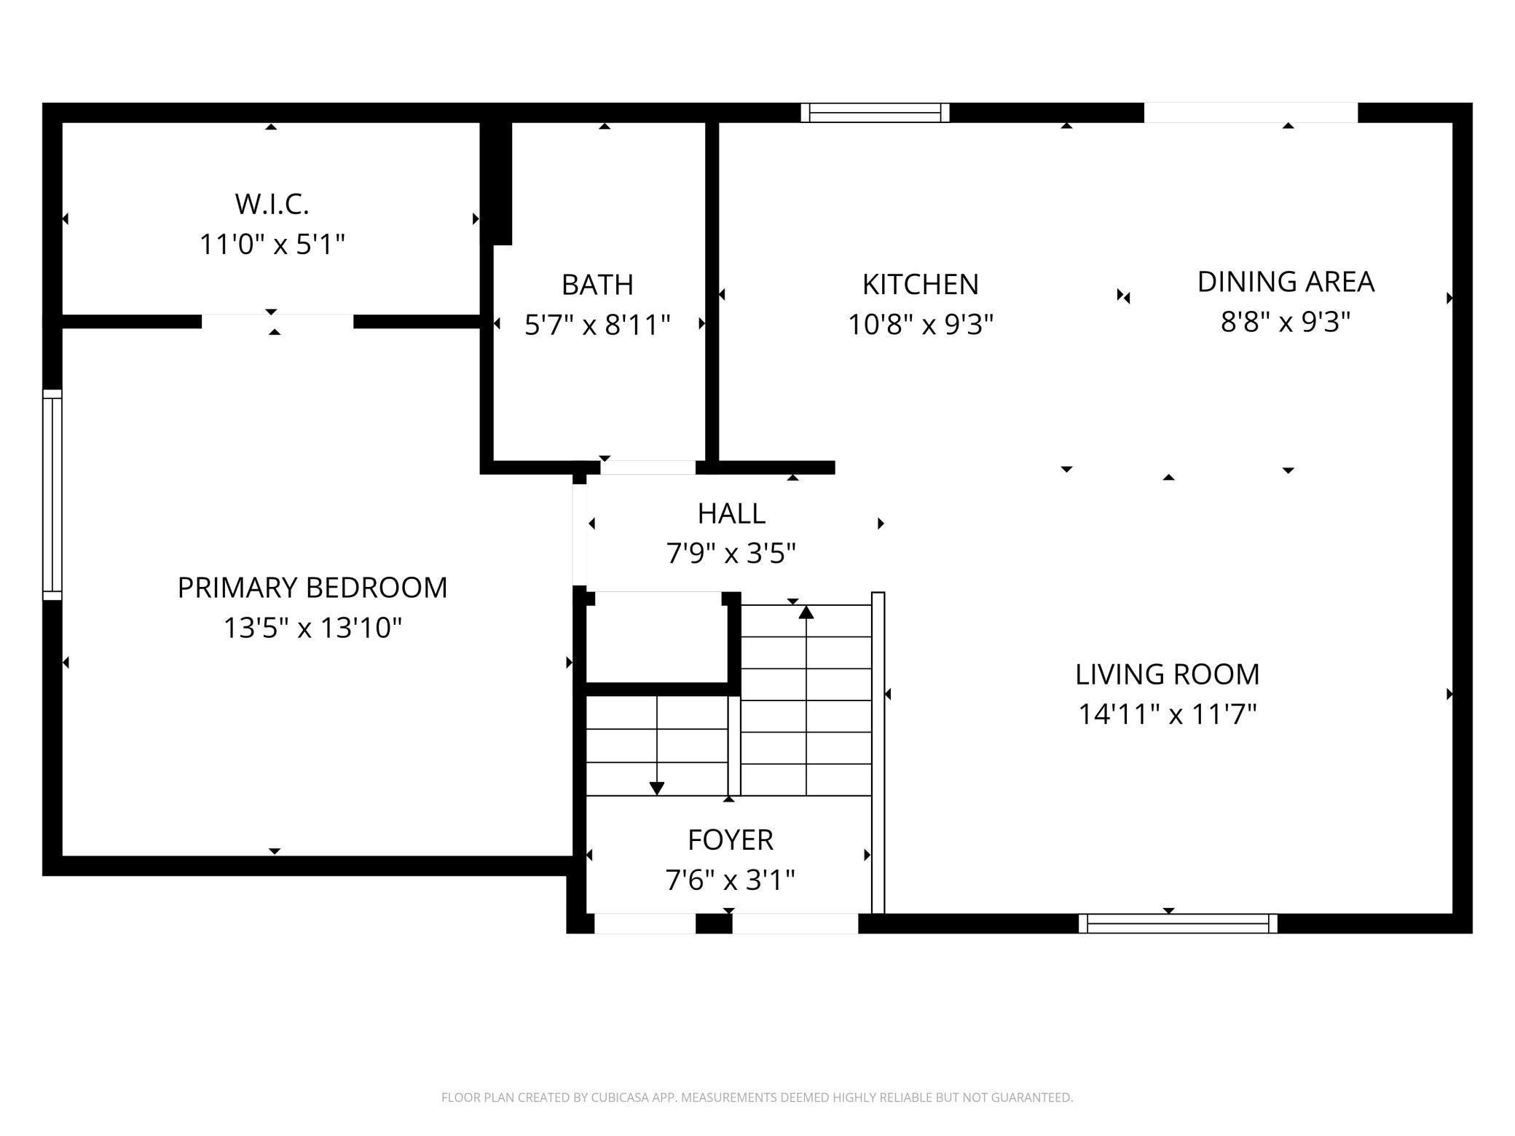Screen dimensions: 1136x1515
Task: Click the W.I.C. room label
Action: [x=272, y=205]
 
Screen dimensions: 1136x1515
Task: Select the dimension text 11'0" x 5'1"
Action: [x=272, y=244]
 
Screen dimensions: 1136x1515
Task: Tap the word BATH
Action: [x=597, y=285]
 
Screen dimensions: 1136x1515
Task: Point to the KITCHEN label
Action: [x=920, y=285]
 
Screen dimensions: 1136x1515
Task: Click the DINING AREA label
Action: [x=1286, y=282]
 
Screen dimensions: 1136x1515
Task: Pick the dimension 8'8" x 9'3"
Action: [x=1286, y=321]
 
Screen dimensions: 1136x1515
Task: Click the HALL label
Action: [x=731, y=514]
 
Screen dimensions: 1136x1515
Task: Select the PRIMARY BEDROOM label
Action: [x=312, y=588]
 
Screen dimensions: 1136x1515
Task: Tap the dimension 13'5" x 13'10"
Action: [x=312, y=627]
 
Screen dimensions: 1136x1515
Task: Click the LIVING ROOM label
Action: [x=1167, y=674]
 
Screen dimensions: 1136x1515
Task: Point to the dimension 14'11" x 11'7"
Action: [x=1167, y=714]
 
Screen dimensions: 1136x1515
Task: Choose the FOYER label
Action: [x=730, y=840]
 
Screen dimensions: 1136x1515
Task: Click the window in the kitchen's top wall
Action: [x=875, y=113]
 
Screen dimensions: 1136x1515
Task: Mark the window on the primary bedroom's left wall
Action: [x=52, y=494]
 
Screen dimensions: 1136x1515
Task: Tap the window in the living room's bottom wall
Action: [x=1178, y=923]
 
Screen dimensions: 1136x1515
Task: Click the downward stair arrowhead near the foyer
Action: [x=656, y=788]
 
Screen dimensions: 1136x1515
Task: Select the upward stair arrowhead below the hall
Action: [x=806, y=613]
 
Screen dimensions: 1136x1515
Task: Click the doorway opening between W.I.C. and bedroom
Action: [x=277, y=321]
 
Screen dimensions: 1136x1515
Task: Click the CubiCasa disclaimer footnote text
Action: [x=757, y=1097]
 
